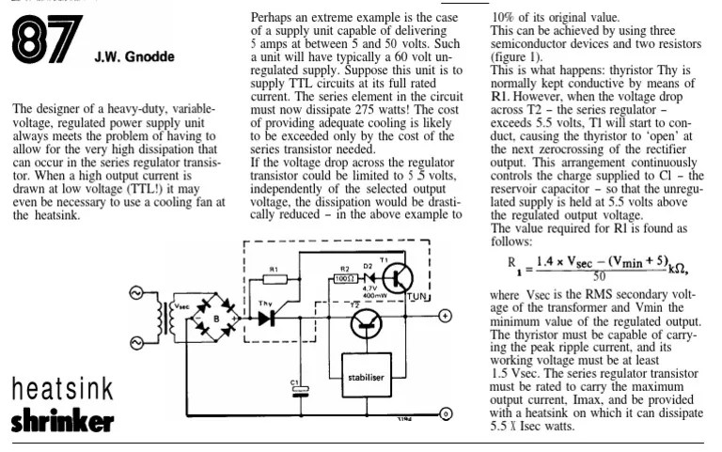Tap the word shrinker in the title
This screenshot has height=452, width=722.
(x=62, y=422)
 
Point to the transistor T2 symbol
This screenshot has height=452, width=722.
(x=368, y=323)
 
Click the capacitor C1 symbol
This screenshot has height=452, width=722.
(x=300, y=393)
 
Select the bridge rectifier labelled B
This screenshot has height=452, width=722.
(x=215, y=320)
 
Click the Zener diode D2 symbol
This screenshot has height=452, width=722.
(x=371, y=279)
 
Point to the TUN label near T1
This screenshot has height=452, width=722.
(x=417, y=297)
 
